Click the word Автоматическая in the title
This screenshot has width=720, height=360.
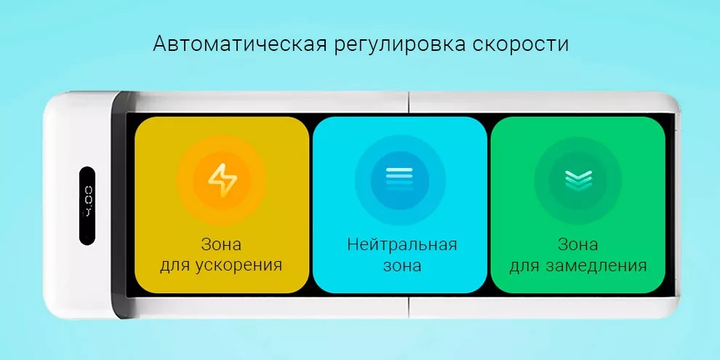[240, 44]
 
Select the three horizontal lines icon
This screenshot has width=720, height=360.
[399, 179]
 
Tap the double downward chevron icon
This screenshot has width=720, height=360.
[578, 180]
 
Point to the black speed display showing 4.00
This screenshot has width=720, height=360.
[87, 205]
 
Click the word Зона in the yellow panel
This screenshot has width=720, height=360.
[221, 245]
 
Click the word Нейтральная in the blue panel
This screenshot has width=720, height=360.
[402, 245]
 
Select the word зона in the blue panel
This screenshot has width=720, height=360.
[402, 266]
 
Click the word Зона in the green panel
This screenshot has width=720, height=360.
[578, 245]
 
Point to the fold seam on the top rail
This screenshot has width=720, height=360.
[408, 102]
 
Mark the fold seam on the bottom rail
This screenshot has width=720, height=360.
[408, 308]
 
